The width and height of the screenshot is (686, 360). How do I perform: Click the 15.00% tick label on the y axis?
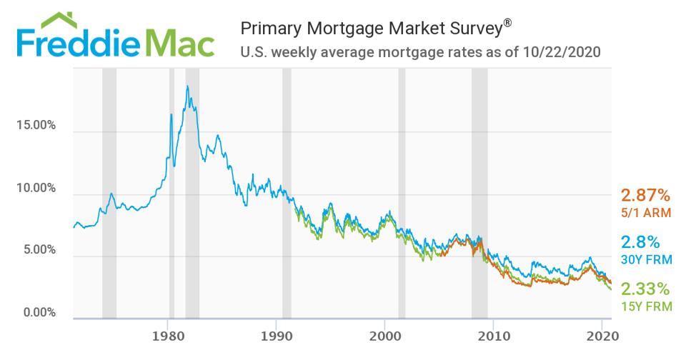(36, 126)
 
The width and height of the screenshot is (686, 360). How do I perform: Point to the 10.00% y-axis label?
(36, 188)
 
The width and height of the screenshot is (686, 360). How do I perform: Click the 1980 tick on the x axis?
(166, 335)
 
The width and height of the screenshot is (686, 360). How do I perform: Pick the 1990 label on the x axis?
(276, 335)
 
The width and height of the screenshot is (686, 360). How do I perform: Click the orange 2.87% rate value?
(645, 195)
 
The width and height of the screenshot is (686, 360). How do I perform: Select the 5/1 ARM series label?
(645, 211)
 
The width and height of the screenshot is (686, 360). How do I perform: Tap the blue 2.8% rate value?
(640, 241)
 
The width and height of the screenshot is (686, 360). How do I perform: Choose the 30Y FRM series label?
(646, 259)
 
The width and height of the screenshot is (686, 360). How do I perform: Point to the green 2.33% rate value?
(645, 289)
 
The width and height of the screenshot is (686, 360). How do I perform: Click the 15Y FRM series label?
(646, 306)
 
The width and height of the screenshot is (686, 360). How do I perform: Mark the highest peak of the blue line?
(187, 86)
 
